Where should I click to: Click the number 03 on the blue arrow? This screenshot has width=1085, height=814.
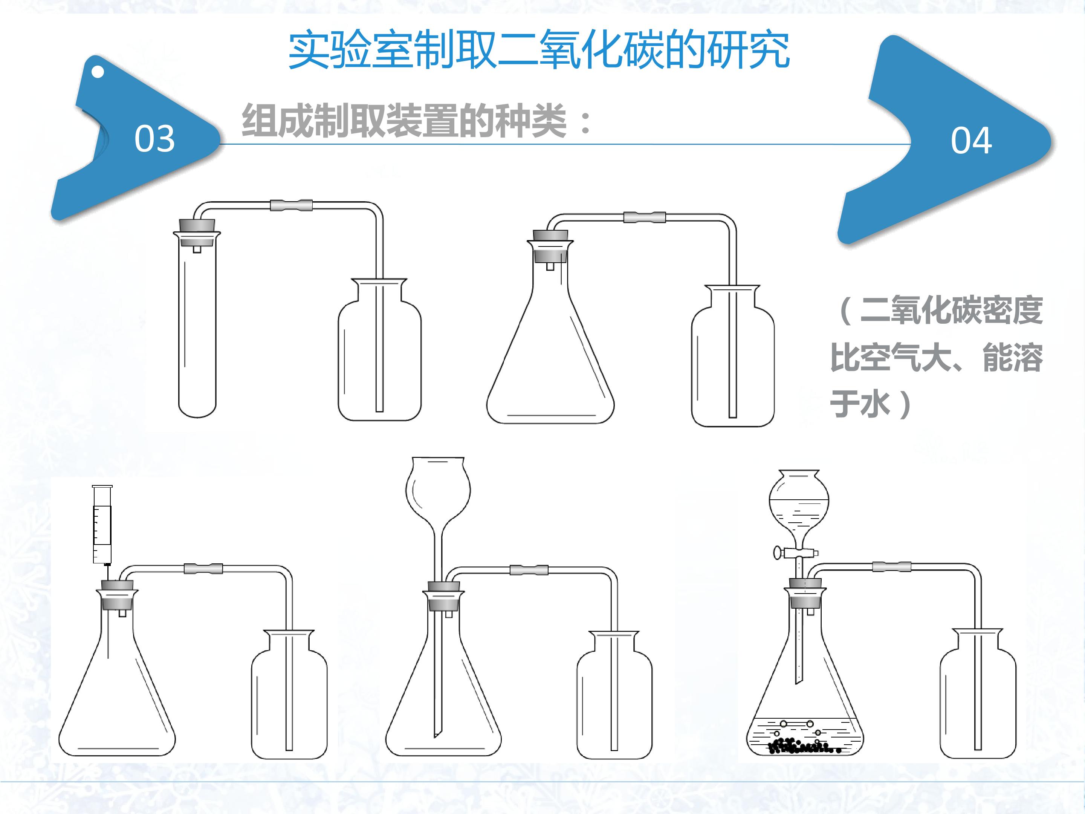click(154, 138)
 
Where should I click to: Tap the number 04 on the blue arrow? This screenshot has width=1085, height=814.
click(971, 141)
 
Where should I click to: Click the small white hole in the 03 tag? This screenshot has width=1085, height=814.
click(98, 72)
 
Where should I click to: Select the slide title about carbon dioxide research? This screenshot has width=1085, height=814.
click(539, 50)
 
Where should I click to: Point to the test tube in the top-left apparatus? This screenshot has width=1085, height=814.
click(197, 324)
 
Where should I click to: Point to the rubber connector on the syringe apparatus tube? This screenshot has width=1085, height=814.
click(203, 569)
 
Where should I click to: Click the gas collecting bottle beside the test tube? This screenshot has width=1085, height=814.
click(379, 350)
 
